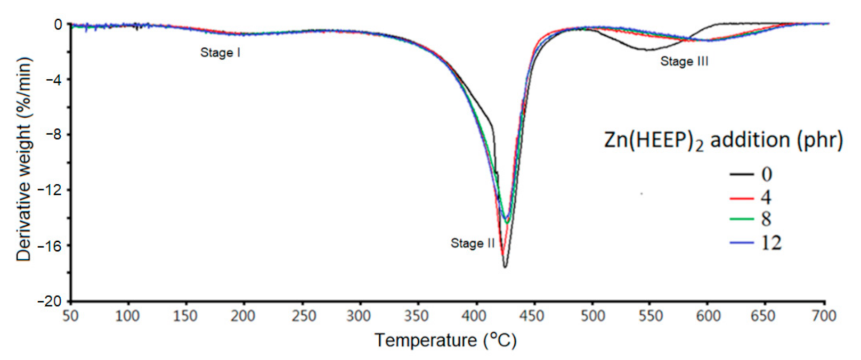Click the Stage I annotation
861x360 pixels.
[220, 53]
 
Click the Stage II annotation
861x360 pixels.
[473, 243]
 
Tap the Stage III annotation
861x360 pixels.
[684, 62]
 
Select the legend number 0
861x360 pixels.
[766, 174]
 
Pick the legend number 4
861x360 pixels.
[766, 198]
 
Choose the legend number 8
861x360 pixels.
[766, 219]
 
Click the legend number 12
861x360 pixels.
[771, 243]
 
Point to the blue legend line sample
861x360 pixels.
[742, 243]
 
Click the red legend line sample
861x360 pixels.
[742, 198]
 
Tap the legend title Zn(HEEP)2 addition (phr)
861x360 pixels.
[723, 140]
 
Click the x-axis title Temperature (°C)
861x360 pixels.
[445, 340]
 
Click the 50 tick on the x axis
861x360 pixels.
[70, 316]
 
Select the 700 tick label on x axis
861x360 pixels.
[824, 316]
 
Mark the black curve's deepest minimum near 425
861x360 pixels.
[505, 266]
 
